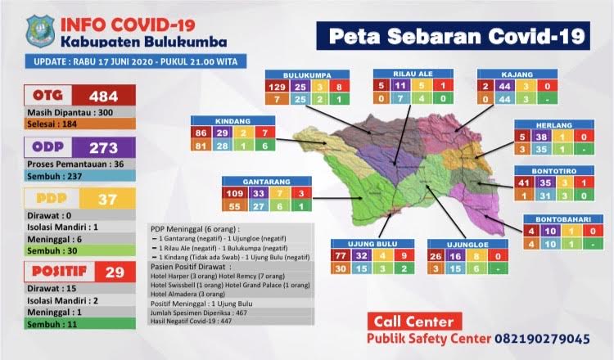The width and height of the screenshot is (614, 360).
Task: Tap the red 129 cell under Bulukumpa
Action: pyautogui.click(x=278, y=86)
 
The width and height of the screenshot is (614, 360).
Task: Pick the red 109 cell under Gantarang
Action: pyautogui.click(x=237, y=194)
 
